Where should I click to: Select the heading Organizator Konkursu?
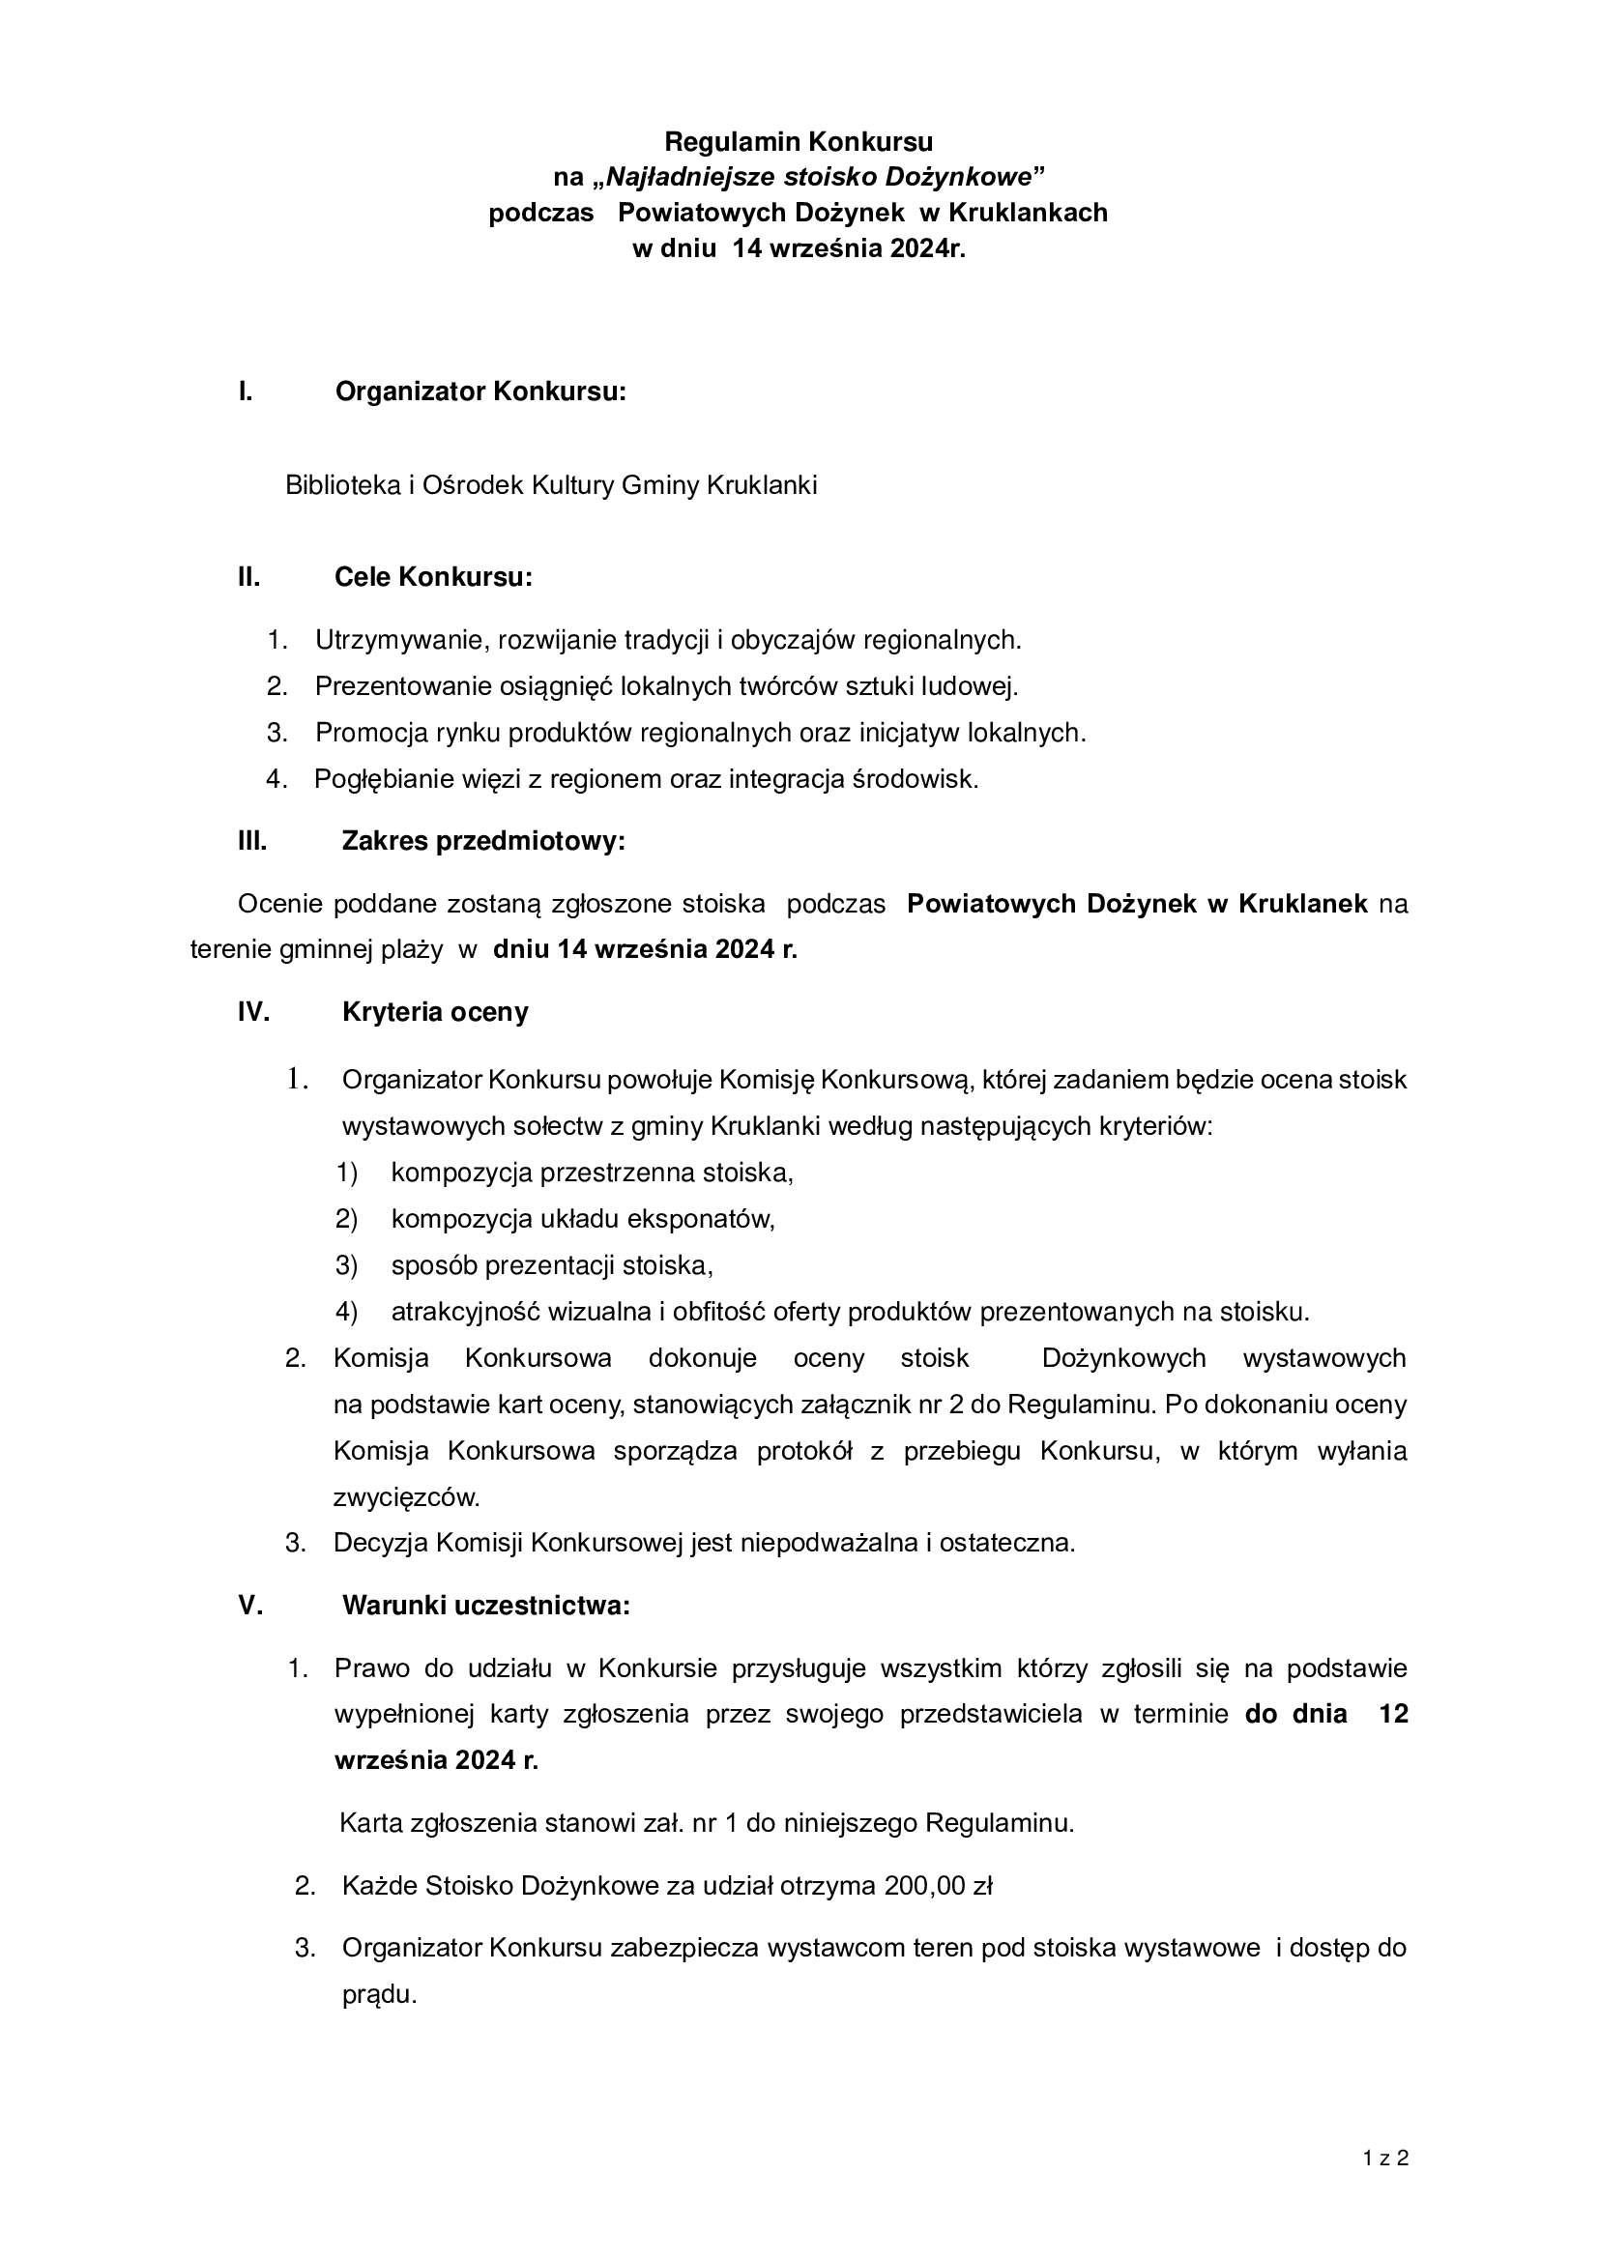pyautogui.click(x=480, y=391)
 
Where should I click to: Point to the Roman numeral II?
pyautogui.click(x=249, y=577)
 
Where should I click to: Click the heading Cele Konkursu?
pyautogui.click(x=433, y=577)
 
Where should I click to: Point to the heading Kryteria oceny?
pyautogui.click(x=435, y=1012)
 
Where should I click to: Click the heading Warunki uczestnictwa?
pyautogui.click(x=485, y=1606)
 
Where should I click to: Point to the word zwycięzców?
pyautogui.click(x=407, y=1497)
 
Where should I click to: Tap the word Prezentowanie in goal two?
pyautogui.click(x=404, y=686)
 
